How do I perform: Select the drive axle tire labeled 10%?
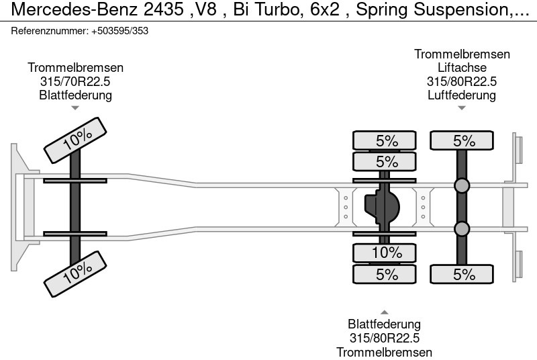coord(385,253)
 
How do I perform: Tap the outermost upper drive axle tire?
coord(385,141)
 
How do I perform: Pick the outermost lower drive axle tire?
coord(385,274)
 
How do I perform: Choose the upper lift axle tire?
coord(462,141)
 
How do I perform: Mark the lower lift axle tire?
coord(462,274)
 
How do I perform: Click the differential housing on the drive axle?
coord(381,206)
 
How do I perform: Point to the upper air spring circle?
coord(462,186)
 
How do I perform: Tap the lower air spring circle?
coord(462,229)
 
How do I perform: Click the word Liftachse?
coord(462,68)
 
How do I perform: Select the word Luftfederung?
coord(462,95)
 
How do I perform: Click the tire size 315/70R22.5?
coord(75,81)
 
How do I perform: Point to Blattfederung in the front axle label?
coord(75,95)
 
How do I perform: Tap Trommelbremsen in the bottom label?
coord(385,352)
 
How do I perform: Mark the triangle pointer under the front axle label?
coord(75,107)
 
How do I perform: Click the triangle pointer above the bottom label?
coord(385,312)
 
